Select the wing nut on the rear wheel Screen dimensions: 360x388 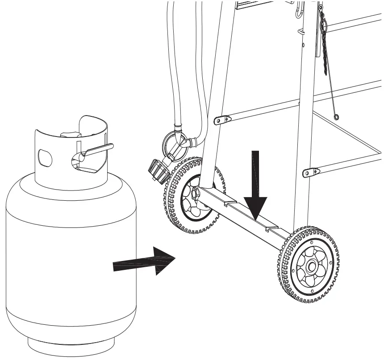click(x=196, y=194)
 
